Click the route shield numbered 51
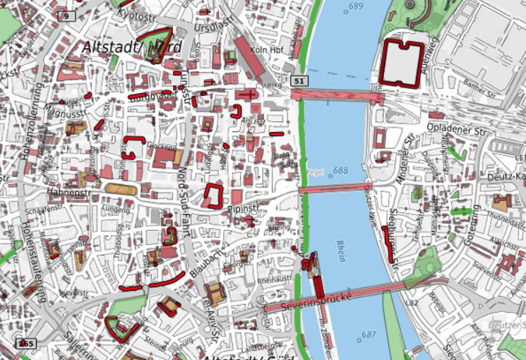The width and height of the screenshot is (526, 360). [299, 82]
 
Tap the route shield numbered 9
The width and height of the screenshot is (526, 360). [65, 16]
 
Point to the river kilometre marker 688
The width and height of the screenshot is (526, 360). [341, 171]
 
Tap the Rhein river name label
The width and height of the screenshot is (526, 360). [342, 251]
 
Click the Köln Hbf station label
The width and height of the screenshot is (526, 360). [266, 50]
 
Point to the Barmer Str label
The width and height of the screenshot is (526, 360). [482, 89]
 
